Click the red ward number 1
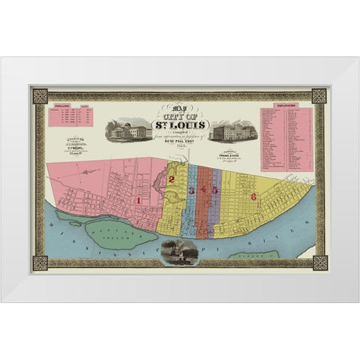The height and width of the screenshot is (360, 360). (x=139, y=200)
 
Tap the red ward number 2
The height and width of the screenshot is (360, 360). (x=172, y=179)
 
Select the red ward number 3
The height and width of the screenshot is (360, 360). (x=191, y=190)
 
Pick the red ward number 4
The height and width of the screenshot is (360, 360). (x=203, y=190)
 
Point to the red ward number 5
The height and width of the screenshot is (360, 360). (x=214, y=190)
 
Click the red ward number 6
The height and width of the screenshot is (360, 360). (x=253, y=196)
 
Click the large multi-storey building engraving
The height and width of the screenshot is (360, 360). (x=234, y=132)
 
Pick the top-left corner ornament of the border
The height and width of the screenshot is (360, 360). (x=40, y=96)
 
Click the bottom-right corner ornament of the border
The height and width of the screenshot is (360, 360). (x=319, y=263)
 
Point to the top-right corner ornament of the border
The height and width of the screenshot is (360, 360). (x=319, y=96)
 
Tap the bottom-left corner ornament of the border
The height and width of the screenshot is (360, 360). (x=40, y=263)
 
